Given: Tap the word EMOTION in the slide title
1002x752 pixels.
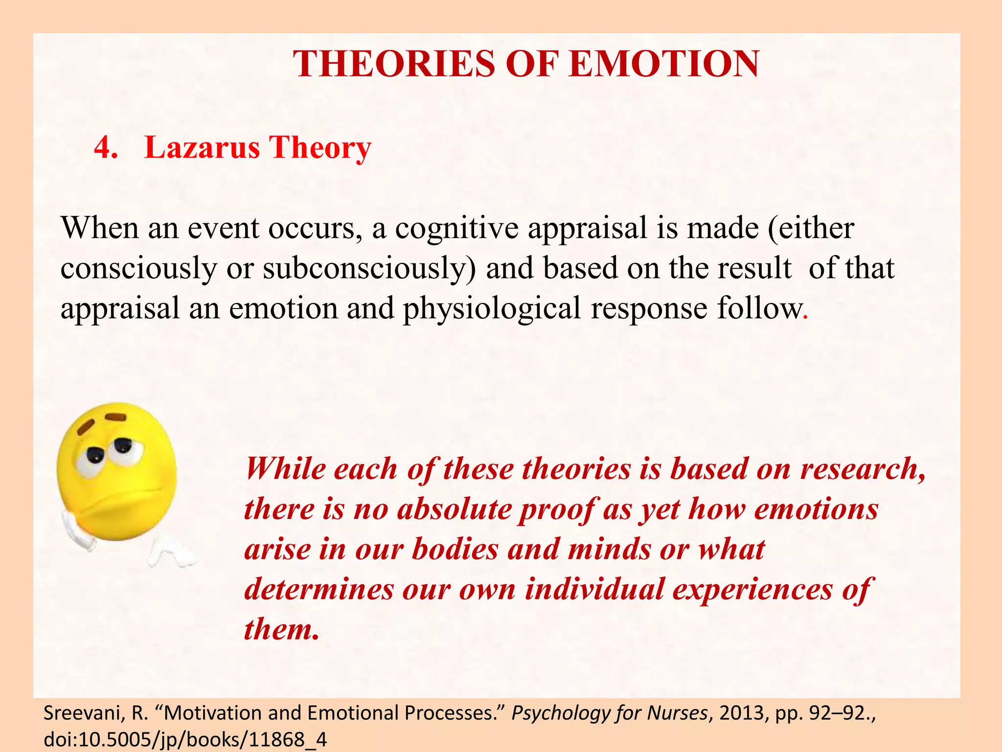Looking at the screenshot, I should coord(664,64).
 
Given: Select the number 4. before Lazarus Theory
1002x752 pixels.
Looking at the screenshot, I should coord(106,147).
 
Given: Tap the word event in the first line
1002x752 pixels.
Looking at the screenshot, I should coord(223,228).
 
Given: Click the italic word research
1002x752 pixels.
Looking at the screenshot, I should coord(863,469).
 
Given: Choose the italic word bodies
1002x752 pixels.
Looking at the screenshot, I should coord(455,549).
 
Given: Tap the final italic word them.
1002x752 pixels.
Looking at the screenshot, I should coord(281,629).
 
